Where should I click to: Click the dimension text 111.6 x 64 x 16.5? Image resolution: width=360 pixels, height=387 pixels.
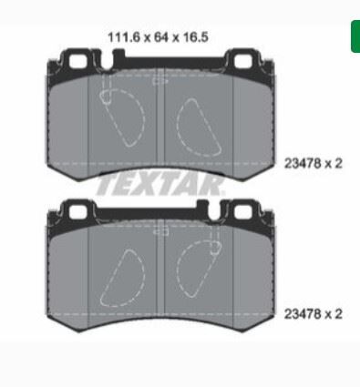point(158,37)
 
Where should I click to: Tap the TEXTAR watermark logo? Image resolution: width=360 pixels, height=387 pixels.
point(160,184)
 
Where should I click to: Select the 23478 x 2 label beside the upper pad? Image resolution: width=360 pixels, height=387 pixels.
point(313,164)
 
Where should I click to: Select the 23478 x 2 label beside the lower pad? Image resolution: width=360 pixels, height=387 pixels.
point(313,313)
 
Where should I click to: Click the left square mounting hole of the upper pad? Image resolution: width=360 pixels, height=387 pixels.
point(77,62)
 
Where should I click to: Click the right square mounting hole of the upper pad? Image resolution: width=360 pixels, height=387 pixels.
point(243,62)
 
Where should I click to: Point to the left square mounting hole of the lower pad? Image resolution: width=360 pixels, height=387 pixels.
point(77,211)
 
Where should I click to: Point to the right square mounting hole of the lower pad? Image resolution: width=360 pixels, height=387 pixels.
point(243,211)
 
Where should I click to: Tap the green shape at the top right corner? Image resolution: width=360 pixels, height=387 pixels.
point(355,36)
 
